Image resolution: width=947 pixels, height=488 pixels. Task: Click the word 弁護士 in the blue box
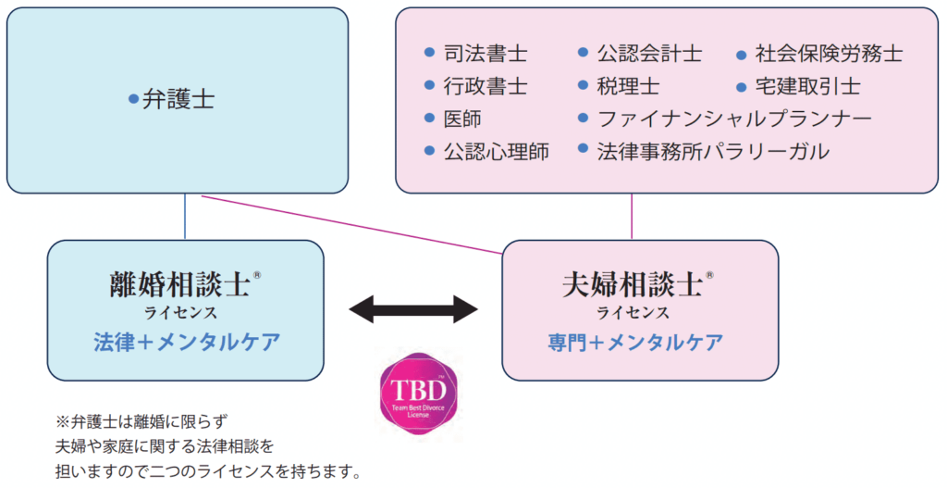tap(178, 100)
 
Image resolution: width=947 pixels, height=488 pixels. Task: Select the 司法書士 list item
tap(486, 55)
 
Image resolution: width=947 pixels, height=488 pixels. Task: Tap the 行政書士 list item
tap(486, 87)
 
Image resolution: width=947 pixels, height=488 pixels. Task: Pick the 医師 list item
tap(463, 119)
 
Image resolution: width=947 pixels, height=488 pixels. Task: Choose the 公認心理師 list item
tap(497, 151)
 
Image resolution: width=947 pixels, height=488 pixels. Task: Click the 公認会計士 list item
tap(650, 55)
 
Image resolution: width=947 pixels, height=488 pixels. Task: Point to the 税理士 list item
tap(629, 87)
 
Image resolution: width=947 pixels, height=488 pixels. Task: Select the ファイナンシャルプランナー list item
tap(734, 119)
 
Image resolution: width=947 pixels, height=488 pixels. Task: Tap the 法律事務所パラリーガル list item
tap(713, 151)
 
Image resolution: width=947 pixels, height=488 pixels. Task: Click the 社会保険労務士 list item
tap(829, 55)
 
